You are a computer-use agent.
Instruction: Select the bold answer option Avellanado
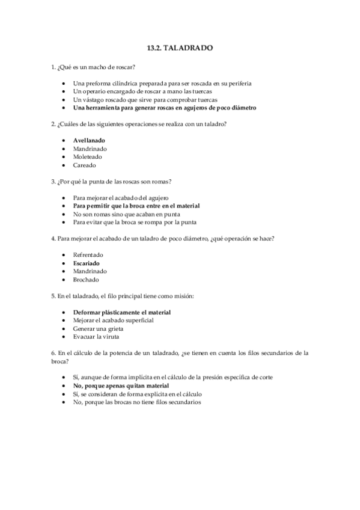[x=90, y=140]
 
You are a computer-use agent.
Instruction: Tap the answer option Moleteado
[x=88, y=156]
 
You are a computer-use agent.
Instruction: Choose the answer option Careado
[x=84, y=165]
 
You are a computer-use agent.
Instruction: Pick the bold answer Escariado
[x=87, y=263]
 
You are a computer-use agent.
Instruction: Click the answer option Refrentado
[x=88, y=254]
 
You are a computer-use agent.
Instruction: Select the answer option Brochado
[x=86, y=280]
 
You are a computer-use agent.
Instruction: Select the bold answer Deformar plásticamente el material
[x=122, y=312]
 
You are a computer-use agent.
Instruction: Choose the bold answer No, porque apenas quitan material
[x=121, y=386]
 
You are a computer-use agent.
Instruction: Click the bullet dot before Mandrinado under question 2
[x=64, y=148]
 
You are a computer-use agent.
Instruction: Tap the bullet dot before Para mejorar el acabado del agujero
[x=64, y=197]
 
